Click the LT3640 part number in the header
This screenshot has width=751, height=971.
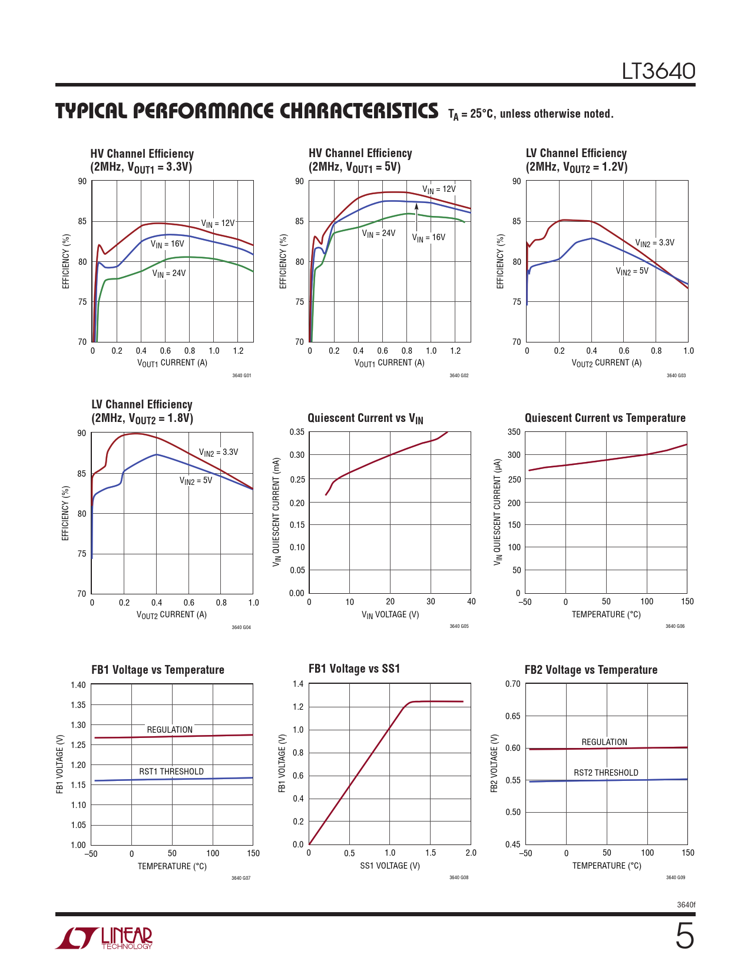[x=659, y=71]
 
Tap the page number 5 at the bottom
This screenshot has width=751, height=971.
[x=684, y=936]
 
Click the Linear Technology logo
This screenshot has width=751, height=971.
[x=104, y=938]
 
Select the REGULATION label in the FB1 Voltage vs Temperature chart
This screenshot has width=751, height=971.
[x=170, y=730]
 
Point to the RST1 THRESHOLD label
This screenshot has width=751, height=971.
[x=171, y=772]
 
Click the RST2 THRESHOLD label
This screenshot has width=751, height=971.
[x=606, y=773]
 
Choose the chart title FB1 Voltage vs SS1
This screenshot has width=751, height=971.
[x=354, y=669]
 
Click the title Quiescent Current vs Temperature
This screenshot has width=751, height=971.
[x=605, y=418]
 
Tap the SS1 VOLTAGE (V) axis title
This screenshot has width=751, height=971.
[x=390, y=866]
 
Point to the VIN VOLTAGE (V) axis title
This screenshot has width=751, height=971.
[x=390, y=614]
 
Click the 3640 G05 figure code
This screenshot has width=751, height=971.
[x=459, y=626]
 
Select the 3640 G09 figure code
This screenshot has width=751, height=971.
[x=675, y=877]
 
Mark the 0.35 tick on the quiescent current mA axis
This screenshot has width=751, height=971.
[x=297, y=432]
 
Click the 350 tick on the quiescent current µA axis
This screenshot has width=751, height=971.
[x=514, y=432]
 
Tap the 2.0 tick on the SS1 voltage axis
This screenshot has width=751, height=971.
[x=471, y=853]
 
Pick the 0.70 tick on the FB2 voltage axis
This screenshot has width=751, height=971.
[x=512, y=684]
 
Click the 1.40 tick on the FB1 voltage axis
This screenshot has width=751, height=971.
[x=78, y=685]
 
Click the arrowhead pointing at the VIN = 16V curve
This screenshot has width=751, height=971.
[x=416, y=207]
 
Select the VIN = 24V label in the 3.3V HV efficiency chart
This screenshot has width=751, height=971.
[x=169, y=274]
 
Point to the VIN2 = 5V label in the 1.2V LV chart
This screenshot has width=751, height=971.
[x=632, y=271]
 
